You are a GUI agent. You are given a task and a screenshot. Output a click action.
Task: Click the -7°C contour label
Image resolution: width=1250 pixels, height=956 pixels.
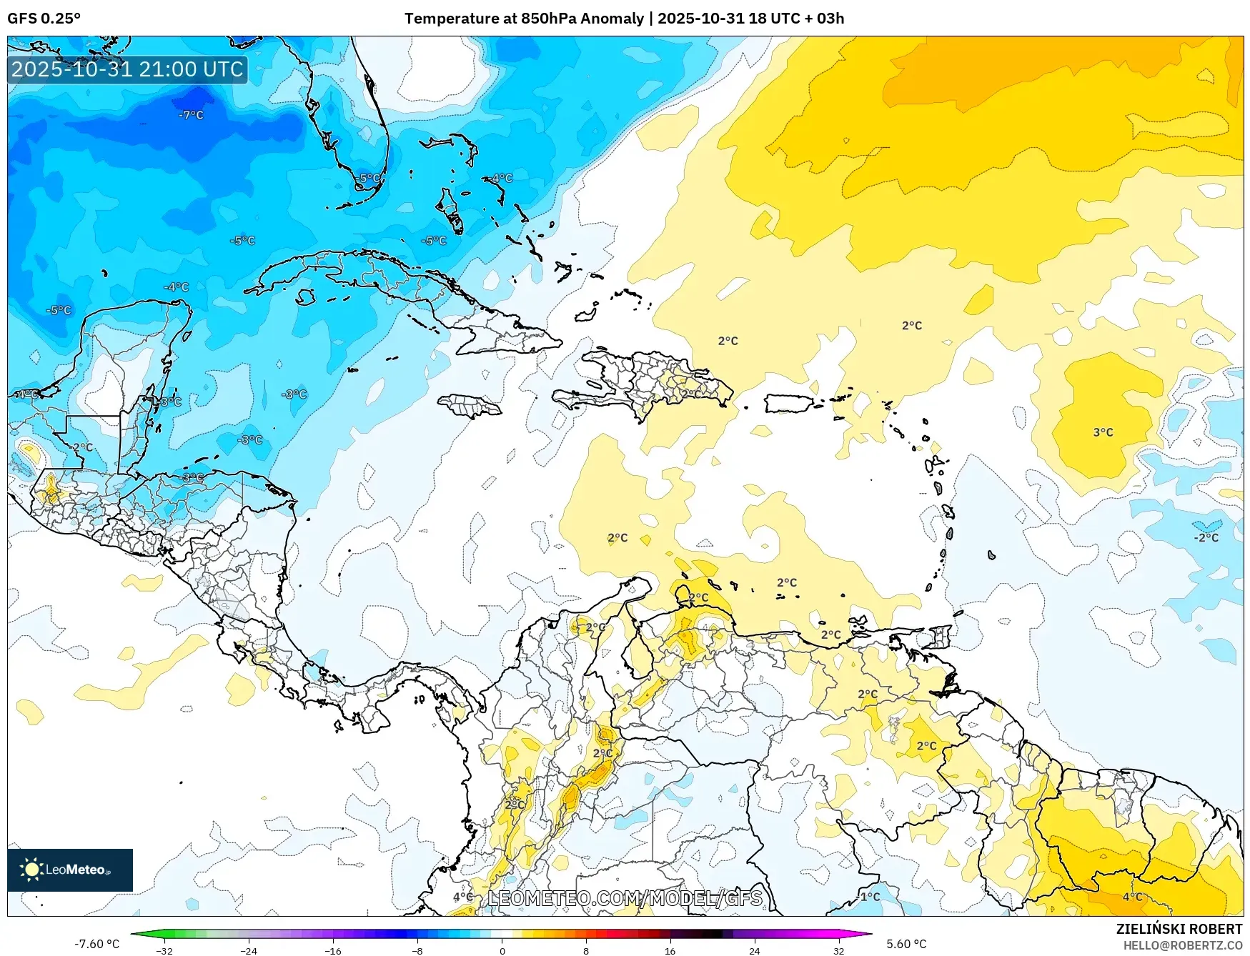coord(191,115)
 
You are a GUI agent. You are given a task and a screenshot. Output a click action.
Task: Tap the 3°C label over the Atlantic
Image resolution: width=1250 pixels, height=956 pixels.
coord(1103,432)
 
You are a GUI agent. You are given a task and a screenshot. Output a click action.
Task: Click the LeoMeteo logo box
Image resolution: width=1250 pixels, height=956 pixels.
coord(70,870)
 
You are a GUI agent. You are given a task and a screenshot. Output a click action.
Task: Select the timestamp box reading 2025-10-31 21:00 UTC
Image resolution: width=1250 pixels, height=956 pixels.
coord(127,69)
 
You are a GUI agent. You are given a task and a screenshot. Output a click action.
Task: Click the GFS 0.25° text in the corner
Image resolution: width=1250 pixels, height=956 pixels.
coord(44,19)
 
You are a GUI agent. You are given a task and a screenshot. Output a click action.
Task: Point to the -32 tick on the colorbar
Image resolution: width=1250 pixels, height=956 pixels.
coord(164,950)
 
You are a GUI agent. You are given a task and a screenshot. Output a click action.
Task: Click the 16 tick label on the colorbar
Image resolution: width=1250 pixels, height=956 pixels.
coord(670,950)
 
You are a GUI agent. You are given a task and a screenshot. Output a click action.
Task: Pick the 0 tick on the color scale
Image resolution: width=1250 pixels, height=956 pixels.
coord(502,950)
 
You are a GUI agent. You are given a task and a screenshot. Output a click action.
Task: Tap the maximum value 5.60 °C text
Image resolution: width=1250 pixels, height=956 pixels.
coord(906,944)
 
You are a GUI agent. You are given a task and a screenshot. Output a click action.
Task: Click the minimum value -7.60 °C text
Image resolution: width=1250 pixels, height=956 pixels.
coord(97,944)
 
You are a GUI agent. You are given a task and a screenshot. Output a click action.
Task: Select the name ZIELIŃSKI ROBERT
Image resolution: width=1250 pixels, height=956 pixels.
coord(1179,929)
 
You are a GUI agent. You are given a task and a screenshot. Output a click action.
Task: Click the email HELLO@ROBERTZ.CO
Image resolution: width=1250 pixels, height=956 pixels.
coord(1183,945)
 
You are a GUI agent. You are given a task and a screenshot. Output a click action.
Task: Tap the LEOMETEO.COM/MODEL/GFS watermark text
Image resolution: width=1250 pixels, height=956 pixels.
coord(625,898)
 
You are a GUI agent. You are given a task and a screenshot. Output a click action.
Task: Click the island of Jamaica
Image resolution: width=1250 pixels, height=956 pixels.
coord(470,407)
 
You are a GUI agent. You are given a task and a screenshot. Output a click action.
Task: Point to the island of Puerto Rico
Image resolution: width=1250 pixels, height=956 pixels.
coord(788,404)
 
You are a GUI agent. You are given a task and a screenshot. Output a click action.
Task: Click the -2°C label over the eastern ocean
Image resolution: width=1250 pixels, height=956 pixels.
coord(1206,537)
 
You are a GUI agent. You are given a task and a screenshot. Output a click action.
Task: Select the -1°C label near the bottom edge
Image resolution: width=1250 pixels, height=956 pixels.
coord(869,897)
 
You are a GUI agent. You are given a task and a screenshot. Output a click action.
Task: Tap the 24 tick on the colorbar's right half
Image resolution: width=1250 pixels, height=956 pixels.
coord(754,950)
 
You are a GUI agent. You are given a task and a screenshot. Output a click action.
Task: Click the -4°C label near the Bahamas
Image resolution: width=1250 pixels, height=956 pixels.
coord(502,178)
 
